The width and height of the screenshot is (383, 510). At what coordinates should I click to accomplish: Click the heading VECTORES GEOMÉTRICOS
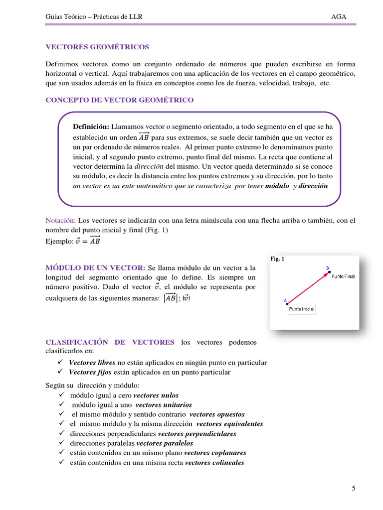pyautogui.click(x=97, y=47)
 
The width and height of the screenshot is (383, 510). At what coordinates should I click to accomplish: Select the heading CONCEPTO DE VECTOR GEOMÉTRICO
pyautogui.click(x=120, y=100)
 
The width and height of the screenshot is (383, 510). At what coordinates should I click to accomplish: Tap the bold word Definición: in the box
pyautogui.click(x=92, y=127)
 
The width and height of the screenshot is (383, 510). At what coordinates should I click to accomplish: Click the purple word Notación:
pyautogui.click(x=61, y=220)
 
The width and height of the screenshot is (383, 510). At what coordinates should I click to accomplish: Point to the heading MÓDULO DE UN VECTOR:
pyautogui.click(x=96, y=267)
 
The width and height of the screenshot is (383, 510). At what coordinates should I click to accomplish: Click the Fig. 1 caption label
pyautogui.click(x=277, y=259)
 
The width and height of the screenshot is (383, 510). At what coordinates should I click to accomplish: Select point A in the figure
pyautogui.click(x=286, y=304)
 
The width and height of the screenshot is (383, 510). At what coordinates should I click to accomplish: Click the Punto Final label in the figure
pyautogui.click(x=343, y=277)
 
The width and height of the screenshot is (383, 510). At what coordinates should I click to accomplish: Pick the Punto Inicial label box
pyautogui.click(x=302, y=310)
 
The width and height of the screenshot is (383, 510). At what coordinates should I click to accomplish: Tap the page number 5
pyautogui.click(x=354, y=488)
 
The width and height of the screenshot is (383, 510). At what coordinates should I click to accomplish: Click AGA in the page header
pyautogui.click(x=339, y=17)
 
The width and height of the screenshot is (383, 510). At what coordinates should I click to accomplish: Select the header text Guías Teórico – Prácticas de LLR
pyautogui.click(x=94, y=17)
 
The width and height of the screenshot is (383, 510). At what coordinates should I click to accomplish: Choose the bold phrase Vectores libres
pyautogui.click(x=92, y=363)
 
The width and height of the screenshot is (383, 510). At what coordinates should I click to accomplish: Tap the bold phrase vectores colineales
pyautogui.click(x=214, y=463)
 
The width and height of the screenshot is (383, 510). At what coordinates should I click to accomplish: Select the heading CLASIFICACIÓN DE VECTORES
pyautogui.click(x=110, y=342)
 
